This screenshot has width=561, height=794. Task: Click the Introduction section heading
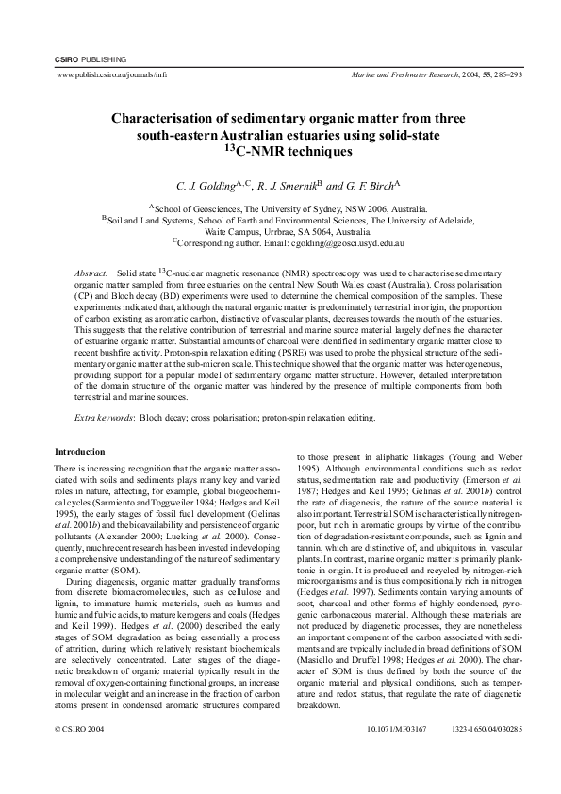click(80, 452)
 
